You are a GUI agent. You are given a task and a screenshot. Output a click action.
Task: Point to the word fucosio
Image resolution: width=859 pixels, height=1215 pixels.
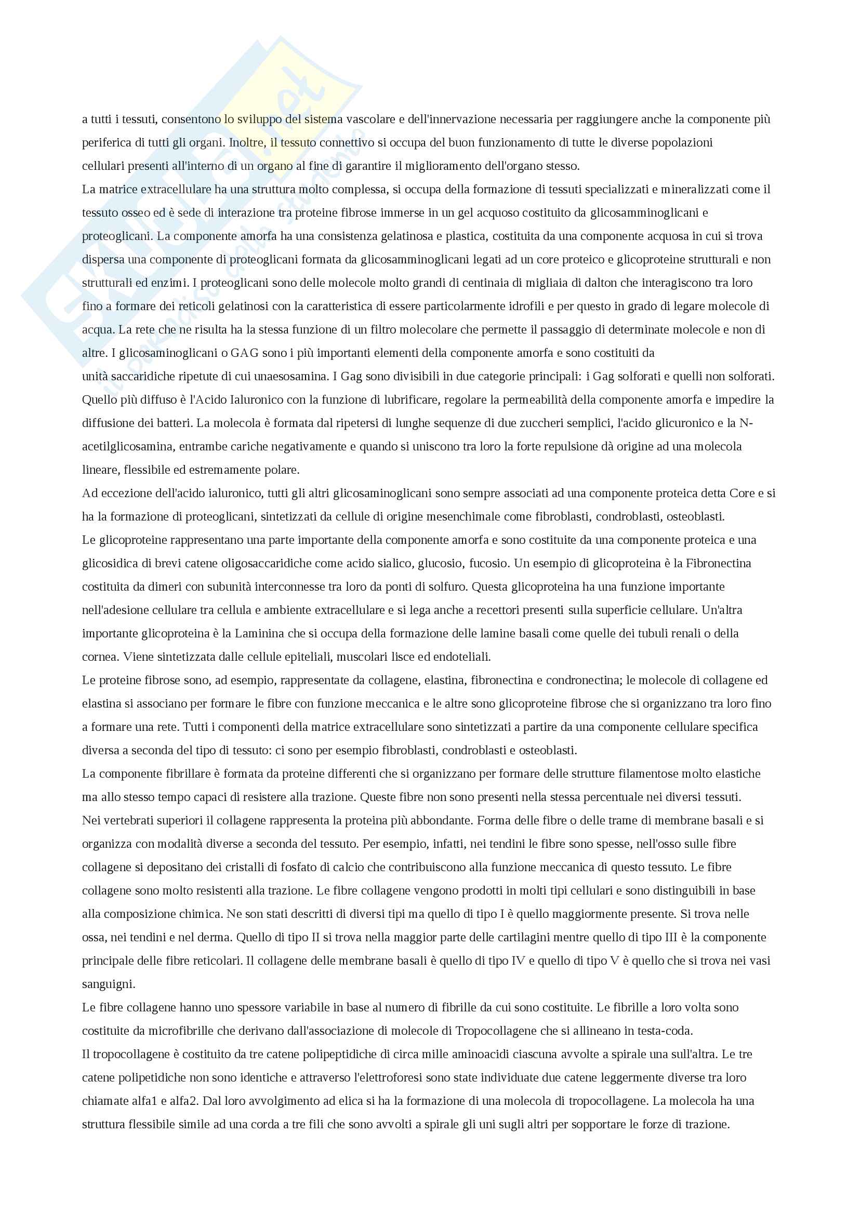point(489,564)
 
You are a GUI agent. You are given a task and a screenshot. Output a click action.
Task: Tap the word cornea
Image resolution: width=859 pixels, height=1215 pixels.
point(99,657)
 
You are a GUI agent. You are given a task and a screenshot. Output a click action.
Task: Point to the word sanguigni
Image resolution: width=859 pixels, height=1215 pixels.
point(109,984)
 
